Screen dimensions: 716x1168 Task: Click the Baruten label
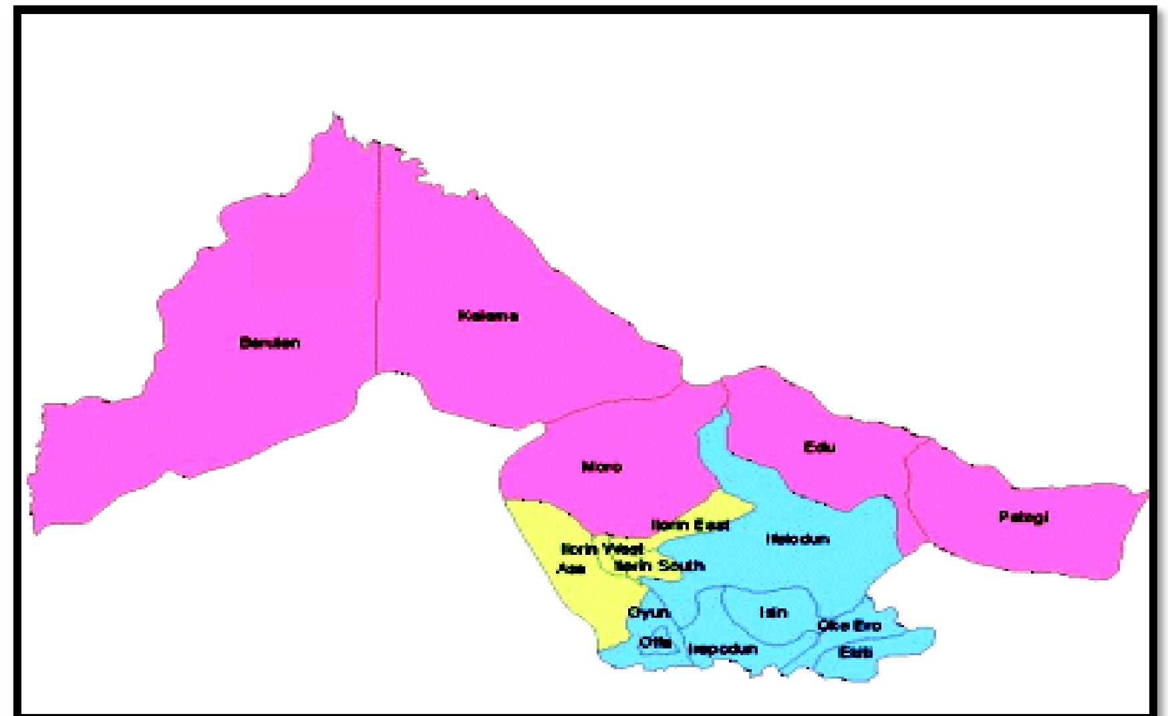click(269, 343)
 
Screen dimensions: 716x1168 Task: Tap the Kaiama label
click(488, 316)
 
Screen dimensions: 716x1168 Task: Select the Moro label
click(601, 467)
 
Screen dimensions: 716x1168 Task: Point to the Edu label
click(819, 447)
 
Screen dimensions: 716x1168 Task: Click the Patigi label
click(1024, 517)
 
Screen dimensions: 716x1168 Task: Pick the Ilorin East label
click(690, 525)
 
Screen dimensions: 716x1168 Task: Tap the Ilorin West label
click(602, 549)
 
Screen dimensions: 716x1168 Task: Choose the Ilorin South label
click(659, 566)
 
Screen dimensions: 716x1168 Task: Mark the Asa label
click(571, 569)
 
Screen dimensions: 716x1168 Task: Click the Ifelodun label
click(798, 539)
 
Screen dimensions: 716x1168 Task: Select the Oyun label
click(648, 612)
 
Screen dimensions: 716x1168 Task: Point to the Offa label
click(655, 642)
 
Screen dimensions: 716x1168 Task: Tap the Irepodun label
click(723, 649)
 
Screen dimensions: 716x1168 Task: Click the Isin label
click(773, 612)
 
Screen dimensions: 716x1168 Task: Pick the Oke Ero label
click(849, 626)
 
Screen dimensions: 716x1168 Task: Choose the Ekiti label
click(855, 652)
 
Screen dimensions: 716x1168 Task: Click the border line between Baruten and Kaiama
click(378, 267)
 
